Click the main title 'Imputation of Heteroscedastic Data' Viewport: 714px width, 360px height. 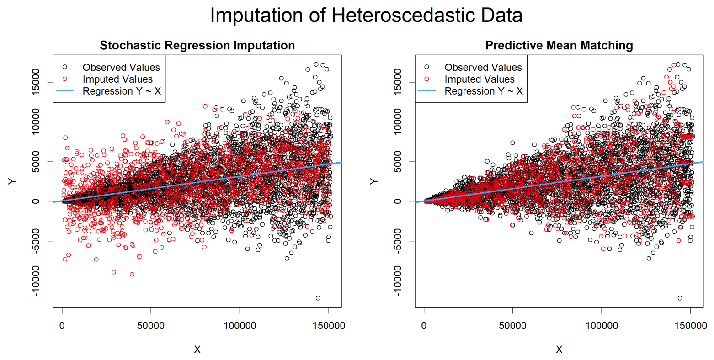pyautogui.click(x=366, y=16)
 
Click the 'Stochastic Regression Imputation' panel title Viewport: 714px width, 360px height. pyautogui.click(x=197, y=46)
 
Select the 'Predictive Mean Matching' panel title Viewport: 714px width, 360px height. pyautogui.click(x=559, y=46)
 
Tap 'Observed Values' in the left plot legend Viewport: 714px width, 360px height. pyautogui.click(x=121, y=68)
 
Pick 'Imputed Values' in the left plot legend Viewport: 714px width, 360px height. pyautogui.click(x=117, y=79)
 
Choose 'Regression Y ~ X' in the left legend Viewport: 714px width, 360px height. pyautogui.click(x=122, y=91)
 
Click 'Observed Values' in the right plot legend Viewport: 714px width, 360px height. pyautogui.click(x=483, y=68)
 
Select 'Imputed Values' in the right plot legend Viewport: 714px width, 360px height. pyautogui.click(x=480, y=79)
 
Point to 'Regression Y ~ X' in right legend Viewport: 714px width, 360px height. pyautogui.click(x=484, y=91)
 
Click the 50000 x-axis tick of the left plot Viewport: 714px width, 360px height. pyautogui.click(x=151, y=326)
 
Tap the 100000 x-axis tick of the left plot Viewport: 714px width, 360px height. pyautogui.click(x=240, y=326)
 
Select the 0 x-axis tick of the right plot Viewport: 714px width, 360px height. pyautogui.click(x=424, y=326)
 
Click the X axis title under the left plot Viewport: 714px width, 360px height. pyautogui.click(x=197, y=349)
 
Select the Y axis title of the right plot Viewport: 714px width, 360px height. pyautogui.click(x=374, y=181)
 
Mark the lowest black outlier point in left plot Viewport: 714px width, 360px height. pyautogui.click(x=318, y=298)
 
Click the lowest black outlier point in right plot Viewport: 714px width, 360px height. pyautogui.click(x=680, y=298)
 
